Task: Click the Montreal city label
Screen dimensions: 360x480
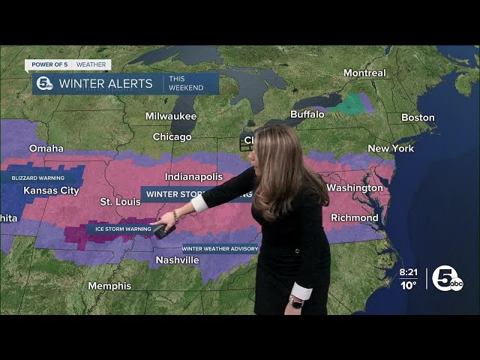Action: point(364,73)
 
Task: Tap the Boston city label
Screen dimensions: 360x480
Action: point(418,118)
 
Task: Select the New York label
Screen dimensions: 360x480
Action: point(391,148)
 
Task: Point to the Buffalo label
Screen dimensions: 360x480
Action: point(307,114)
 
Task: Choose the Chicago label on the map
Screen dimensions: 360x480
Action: point(172,137)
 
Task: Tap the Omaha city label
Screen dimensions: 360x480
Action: point(46,148)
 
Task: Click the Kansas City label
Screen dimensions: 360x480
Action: point(51,190)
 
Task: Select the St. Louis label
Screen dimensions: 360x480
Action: point(121,202)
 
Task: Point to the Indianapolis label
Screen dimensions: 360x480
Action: point(193,177)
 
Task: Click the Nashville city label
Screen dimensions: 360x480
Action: point(177,260)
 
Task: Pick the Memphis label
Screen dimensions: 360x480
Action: point(109,286)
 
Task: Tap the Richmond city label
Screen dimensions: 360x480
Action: point(355,218)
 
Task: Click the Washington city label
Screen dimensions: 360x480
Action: point(355,187)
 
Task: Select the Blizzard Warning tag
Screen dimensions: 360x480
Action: point(33,178)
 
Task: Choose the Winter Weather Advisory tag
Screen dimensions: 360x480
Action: point(220,248)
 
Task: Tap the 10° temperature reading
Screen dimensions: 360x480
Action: point(408,285)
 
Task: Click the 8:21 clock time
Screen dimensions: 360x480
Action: point(409,272)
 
